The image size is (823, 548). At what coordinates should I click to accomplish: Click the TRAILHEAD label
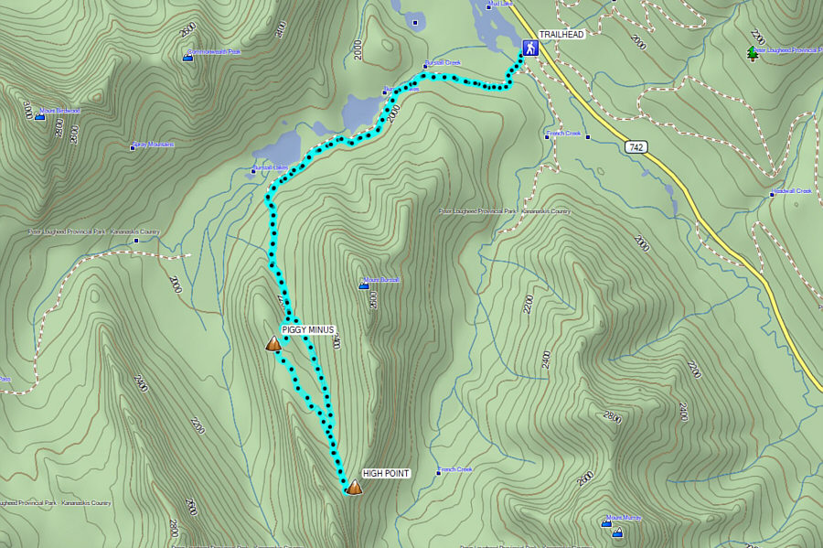pos(561,35)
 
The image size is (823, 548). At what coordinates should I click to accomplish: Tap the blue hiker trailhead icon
pos(529,47)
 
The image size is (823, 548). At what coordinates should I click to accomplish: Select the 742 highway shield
pos(636,146)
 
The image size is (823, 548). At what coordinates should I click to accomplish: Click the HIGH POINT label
pos(385,473)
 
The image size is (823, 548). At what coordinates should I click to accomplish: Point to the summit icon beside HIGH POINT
pos(354,488)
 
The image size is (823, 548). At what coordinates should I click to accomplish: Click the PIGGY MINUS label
pos(308,329)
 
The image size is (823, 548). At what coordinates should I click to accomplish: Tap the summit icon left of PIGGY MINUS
pos(273,344)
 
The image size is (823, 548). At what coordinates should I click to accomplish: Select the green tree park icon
pos(753,53)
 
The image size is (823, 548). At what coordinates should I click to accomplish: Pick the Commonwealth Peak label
pos(214,52)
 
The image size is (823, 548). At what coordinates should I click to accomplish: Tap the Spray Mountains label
pos(154,145)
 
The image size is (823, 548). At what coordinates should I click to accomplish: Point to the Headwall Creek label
pos(792,191)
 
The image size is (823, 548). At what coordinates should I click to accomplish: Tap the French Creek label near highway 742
pos(563,134)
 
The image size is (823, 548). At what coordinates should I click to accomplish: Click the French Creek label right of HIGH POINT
pos(454,469)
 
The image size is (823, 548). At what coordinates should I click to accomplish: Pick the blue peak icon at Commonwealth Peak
pos(187,57)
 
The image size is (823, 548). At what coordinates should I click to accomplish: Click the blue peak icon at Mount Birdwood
pos(39,116)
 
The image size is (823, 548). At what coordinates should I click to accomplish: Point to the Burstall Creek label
pos(444,63)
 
